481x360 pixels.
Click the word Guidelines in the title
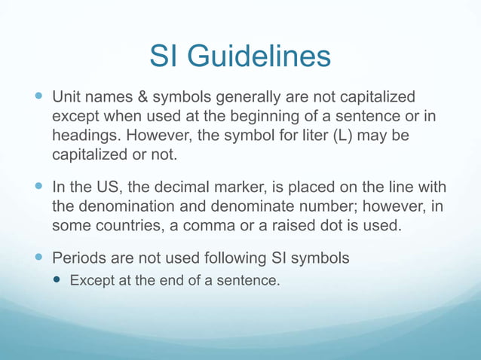tap(259, 56)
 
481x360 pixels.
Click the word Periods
tap(78, 258)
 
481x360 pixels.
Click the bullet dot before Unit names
tap(39, 98)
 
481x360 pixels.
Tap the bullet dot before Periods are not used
tap(39, 258)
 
